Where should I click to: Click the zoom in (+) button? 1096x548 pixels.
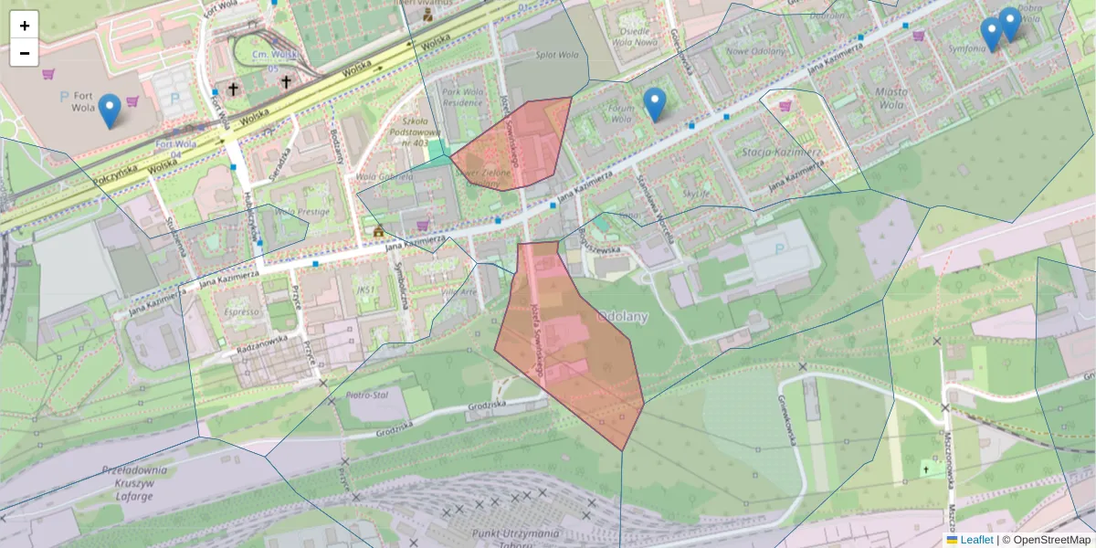[25, 26]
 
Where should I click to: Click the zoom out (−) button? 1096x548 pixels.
[25, 53]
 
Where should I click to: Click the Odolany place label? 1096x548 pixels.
[621, 317]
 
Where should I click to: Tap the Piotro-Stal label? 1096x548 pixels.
[367, 395]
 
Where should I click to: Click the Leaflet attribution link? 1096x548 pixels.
[975, 540]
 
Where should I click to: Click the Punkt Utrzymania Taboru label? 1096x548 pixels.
[516, 538]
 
